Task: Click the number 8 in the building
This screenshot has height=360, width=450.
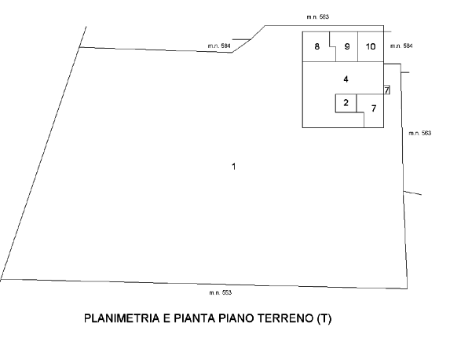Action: [x=316, y=46]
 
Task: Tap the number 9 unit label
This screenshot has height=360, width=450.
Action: [x=347, y=46]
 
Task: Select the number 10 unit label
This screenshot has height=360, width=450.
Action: [x=371, y=46]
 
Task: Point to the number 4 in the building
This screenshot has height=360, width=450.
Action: [x=346, y=79]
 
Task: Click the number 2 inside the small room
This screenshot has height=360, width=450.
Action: [x=346, y=102]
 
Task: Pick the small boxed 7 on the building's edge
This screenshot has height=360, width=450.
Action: [x=387, y=90]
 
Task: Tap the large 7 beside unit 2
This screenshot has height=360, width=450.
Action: [x=373, y=108]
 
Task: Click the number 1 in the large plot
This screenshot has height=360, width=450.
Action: [x=233, y=167]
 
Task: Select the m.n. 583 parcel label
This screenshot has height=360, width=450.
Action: [x=318, y=17]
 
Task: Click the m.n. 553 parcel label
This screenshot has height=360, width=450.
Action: [x=221, y=292]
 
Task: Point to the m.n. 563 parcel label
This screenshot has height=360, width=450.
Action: [x=420, y=133]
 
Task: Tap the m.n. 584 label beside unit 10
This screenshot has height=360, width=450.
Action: [x=401, y=46]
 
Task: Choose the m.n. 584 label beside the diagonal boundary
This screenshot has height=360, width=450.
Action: [x=219, y=46]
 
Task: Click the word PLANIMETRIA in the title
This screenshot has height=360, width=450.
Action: [x=122, y=318]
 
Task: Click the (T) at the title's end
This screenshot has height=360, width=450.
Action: [x=324, y=318]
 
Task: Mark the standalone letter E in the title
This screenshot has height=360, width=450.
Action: [x=166, y=318]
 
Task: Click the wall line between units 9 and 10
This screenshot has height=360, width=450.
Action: [x=357, y=46]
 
